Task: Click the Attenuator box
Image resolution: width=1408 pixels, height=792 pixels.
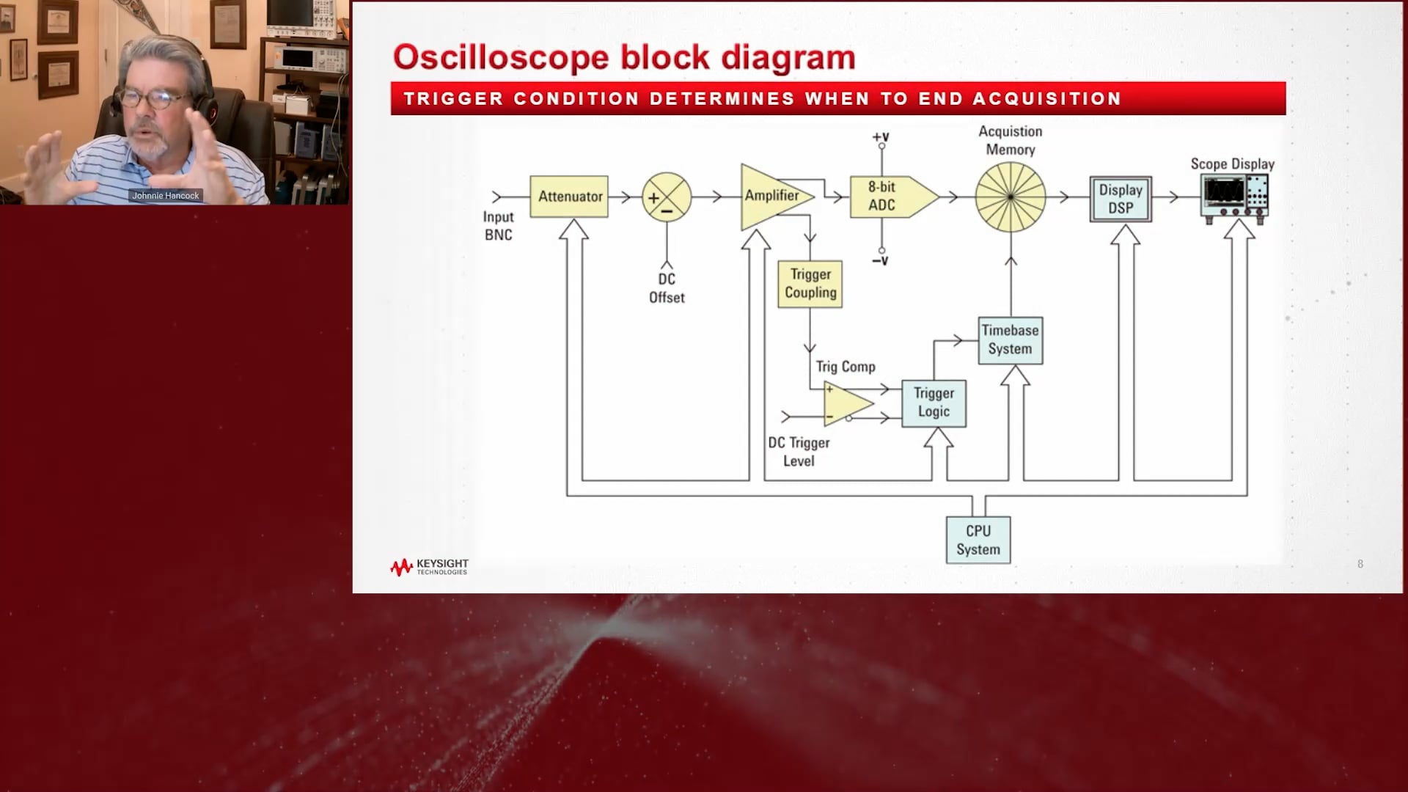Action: pos(569,197)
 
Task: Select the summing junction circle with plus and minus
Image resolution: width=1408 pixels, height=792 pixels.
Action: pos(667,197)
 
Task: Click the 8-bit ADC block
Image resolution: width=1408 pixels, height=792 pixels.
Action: pos(887,197)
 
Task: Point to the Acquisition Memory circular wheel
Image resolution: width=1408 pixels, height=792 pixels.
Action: pos(1010,197)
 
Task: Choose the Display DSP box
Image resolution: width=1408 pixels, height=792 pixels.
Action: pos(1120,199)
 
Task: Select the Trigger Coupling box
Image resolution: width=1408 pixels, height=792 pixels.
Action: pos(810,284)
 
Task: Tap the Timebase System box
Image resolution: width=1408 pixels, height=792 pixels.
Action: pos(1010,340)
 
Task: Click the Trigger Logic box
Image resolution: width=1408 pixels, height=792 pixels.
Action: pos(934,403)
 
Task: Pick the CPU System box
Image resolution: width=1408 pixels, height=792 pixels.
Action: pos(978,540)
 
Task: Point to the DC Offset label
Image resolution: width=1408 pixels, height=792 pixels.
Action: pos(667,288)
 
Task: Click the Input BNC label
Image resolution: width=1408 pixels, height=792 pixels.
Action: pos(498,226)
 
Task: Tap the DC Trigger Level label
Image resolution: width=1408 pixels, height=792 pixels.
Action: pos(799,452)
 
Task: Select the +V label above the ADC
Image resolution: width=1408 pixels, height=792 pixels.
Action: pos(880,137)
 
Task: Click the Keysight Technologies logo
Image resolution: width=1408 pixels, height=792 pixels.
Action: pos(429,567)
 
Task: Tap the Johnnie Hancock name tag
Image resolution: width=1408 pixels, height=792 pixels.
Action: pos(165,196)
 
